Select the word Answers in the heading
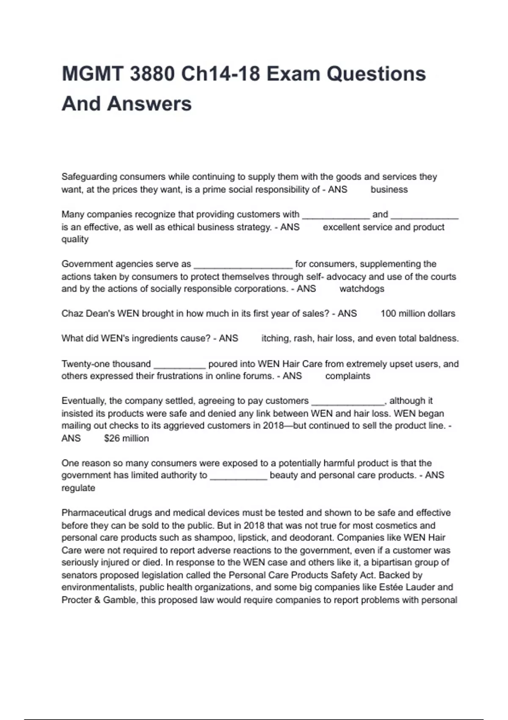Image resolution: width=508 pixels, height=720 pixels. pyautogui.click(x=149, y=104)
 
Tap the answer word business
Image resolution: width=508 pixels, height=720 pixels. pyautogui.click(x=389, y=190)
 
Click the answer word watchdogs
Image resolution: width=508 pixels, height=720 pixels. pyautogui.click(x=362, y=289)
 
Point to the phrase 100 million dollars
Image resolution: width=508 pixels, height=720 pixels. pyautogui.click(x=418, y=314)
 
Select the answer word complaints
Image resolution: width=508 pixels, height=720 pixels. pyautogui.click(x=348, y=376)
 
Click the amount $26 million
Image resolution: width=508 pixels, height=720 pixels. pyautogui.click(x=127, y=438)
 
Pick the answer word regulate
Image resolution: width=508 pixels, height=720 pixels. pyautogui.click(x=78, y=488)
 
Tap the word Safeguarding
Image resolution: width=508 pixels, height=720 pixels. pyautogui.click(x=89, y=177)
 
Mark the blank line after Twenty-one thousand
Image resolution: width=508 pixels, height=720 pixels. pyautogui.click(x=179, y=365)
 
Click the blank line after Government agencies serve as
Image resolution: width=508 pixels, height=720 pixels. pyautogui.click(x=243, y=266)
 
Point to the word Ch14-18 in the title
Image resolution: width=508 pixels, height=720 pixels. pyautogui.click(x=220, y=74)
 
